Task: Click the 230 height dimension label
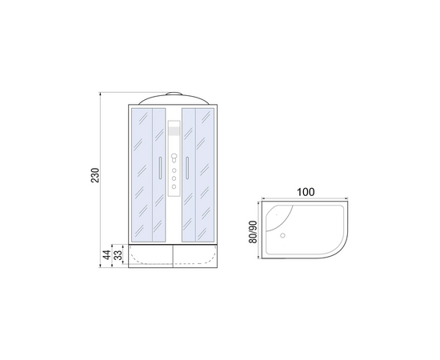click(x=95, y=175)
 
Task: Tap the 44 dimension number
click(x=107, y=255)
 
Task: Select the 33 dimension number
click(x=118, y=255)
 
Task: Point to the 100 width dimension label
click(x=306, y=192)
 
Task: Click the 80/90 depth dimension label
click(x=253, y=232)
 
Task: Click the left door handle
click(x=160, y=168)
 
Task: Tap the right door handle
click(x=187, y=168)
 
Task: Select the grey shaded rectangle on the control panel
click(x=174, y=131)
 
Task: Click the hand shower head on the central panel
click(x=174, y=157)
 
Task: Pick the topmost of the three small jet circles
click(x=174, y=170)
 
